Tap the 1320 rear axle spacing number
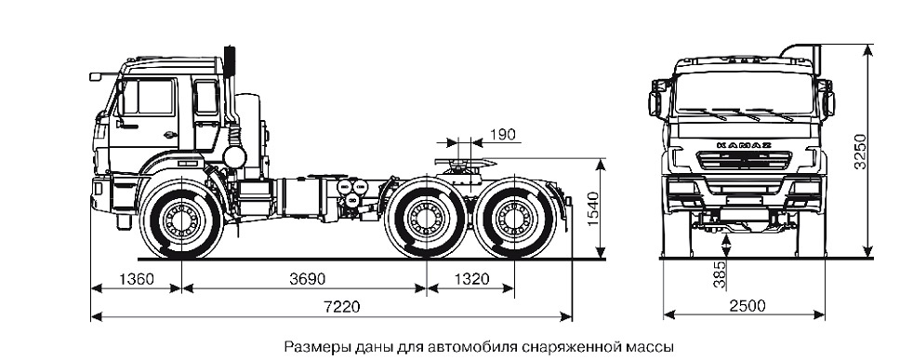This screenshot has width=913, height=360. click(x=470, y=276)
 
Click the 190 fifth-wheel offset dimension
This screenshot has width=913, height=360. click(x=502, y=137)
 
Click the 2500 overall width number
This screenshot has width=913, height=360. click(x=743, y=306)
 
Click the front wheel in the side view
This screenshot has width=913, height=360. click(x=180, y=220)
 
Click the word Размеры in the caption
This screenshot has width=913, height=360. click(x=313, y=346)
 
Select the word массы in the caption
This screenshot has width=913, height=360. click(x=645, y=346)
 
